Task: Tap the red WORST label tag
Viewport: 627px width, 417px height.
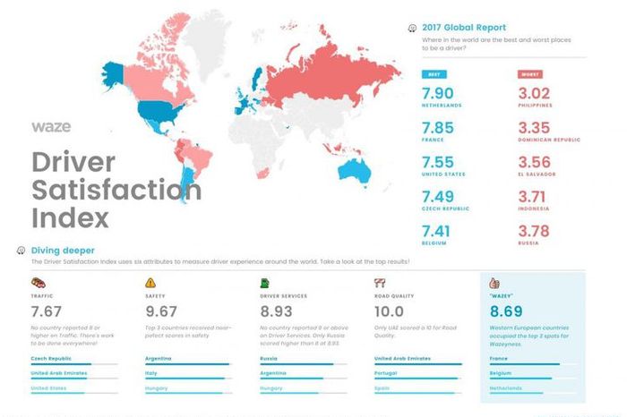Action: (x=530, y=74)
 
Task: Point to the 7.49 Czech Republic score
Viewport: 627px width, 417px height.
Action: (x=445, y=196)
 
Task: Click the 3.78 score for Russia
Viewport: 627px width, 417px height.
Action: (x=539, y=231)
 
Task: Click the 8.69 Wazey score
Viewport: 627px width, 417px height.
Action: (x=511, y=311)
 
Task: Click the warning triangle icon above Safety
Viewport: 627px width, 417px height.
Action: (x=150, y=281)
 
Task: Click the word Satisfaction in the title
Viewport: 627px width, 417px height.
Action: (x=116, y=190)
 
